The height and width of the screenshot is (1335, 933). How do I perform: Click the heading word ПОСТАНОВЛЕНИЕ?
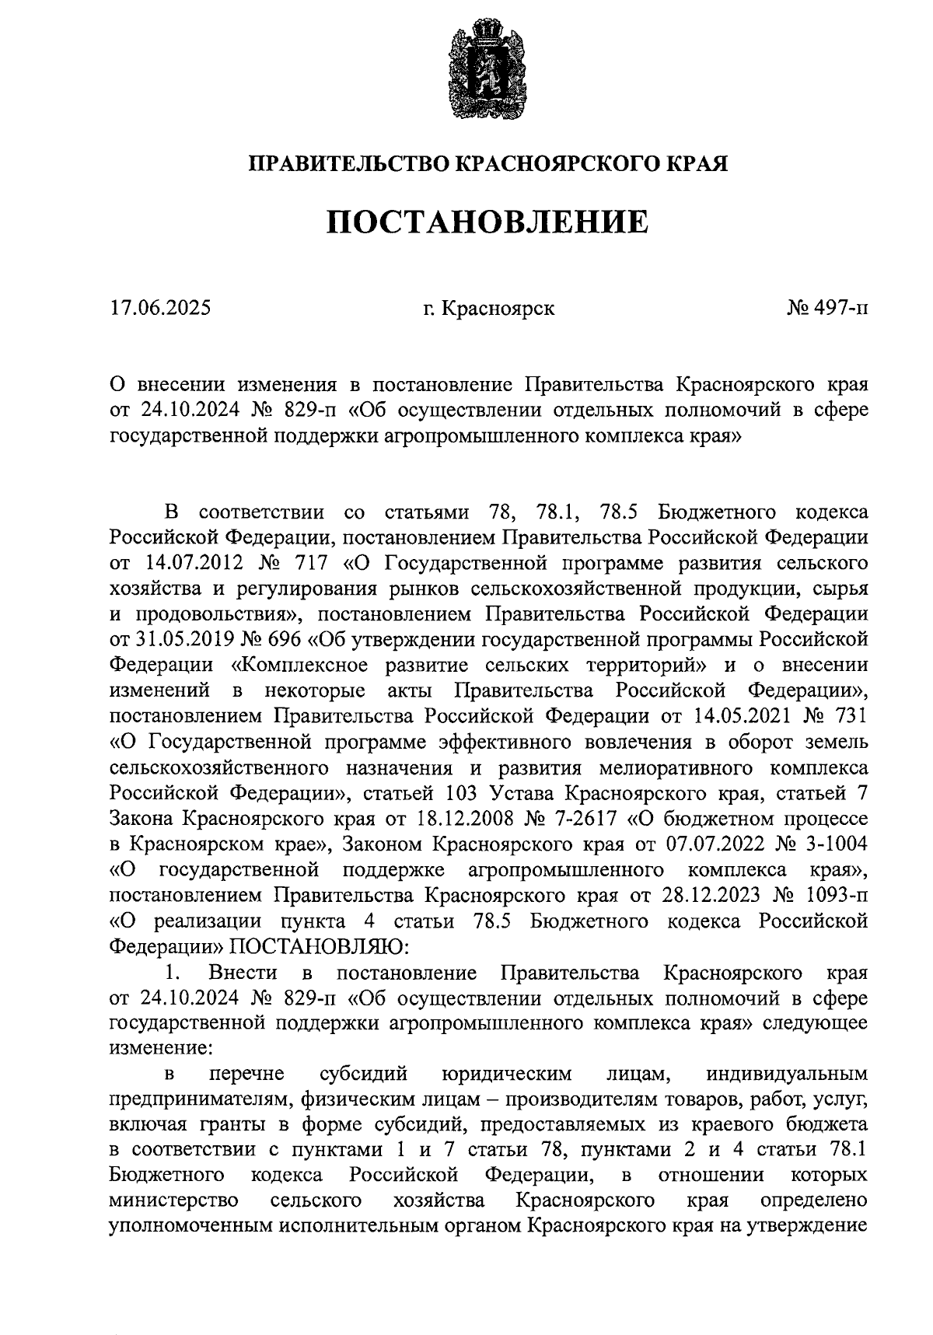pyautogui.click(x=487, y=222)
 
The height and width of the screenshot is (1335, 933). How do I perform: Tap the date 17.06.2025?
pyautogui.click(x=160, y=309)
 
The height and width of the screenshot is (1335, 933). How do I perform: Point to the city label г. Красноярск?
pyautogui.click(x=489, y=309)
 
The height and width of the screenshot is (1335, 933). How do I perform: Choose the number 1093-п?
pyautogui.click(x=838, y=895)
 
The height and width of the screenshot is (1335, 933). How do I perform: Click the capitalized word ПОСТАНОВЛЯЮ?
pyautogui.click(x=316, y=946)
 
